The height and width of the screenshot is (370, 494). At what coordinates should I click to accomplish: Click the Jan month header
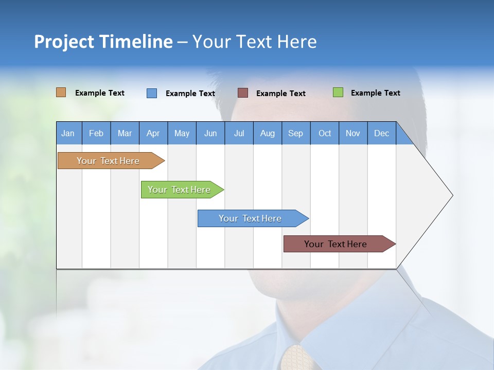click(68, 133)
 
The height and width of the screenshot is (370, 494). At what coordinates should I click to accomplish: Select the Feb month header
click(96, 133)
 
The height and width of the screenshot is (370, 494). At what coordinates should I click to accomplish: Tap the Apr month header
click(153, 133)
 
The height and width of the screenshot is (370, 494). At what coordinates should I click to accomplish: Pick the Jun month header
click(210, 133)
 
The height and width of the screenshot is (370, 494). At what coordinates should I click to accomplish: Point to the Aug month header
click(268, 133)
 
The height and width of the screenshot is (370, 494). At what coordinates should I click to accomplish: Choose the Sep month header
click(296, 133)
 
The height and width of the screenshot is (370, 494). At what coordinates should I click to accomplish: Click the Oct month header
click(325, 133)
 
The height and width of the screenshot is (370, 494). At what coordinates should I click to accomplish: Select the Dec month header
click(382, 133)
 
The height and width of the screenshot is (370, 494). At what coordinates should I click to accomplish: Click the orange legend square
click(61, 92)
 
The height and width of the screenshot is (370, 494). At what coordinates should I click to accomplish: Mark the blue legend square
click(152, 93)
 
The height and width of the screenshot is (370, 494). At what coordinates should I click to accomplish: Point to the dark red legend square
click(243, 92)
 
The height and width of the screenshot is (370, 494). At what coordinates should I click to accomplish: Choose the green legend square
click(338, 92)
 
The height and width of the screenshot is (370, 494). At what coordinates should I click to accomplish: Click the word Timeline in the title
click(136, 42)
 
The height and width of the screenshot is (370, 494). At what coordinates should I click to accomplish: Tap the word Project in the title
click(64, 42)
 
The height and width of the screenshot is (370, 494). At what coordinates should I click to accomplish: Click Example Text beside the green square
click(375, 93)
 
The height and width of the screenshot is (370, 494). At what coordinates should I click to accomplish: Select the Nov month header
click(353, 133)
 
